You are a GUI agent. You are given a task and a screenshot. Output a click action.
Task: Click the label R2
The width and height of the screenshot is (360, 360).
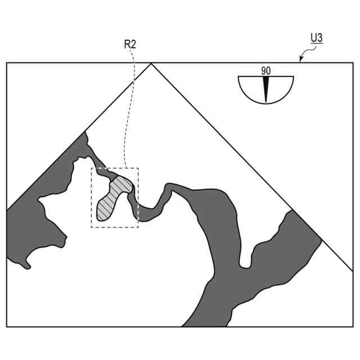pyautogui.click(x=130, y=43)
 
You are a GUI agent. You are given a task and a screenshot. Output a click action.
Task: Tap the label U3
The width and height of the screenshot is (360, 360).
pyautogui.click(x=317, y=38)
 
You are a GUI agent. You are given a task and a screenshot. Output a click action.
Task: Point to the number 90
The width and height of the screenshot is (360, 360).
pyautogui.click(x=266, y=71)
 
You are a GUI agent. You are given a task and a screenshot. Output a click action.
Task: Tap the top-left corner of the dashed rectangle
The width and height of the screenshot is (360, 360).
pyautogui.click(x=92, y=168)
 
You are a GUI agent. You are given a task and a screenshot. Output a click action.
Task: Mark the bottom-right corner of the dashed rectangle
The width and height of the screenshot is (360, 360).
pyautogui.click(x=138, y=227)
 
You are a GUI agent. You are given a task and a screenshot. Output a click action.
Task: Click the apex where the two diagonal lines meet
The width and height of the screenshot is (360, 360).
pyautogui.click(x=151, y=64)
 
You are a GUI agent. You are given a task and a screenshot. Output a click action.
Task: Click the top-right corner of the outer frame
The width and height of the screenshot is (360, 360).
pyautogui.click(x=353, y=62)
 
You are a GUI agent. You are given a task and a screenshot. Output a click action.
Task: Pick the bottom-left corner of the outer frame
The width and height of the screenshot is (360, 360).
pyautogui.click(x=7, y=326)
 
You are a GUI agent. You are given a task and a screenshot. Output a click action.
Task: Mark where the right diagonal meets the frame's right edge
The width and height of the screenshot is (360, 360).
pyautogui.click(x=353, y=271)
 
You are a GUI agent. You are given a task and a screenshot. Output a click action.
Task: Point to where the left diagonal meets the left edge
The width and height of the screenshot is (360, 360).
pyautogui.click(x=7, y=210)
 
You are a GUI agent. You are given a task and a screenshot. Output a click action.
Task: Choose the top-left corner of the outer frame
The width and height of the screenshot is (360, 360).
pyautogui.click(x=7, y=62)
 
